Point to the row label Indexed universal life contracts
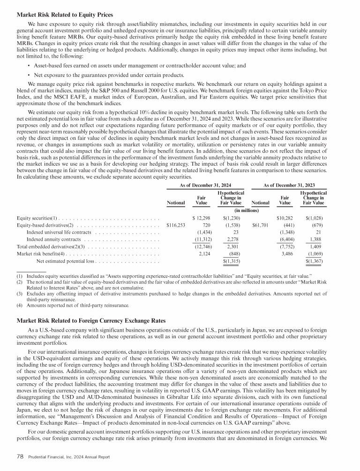(59, 233)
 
